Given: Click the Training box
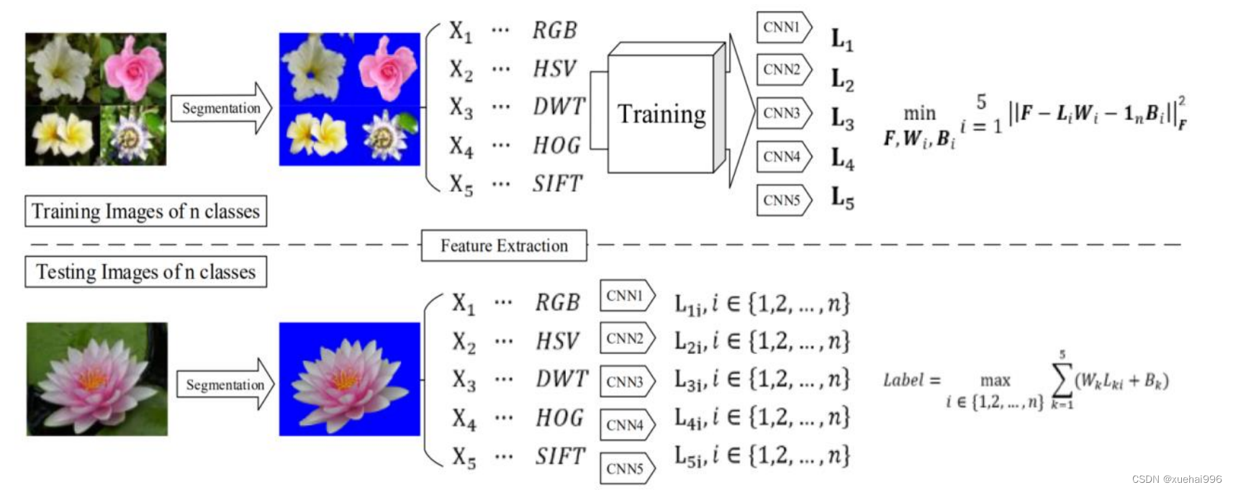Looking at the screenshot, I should (x=661, y=114).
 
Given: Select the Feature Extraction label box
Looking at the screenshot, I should (x=504, y=245).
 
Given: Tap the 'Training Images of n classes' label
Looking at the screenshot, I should (x=145, y=211).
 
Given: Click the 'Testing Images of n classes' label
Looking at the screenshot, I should (x=145, y=272).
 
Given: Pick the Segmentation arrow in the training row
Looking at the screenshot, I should (x=221, y=108).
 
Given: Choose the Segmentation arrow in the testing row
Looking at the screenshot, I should (x=225, y=384).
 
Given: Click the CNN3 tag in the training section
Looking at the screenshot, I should (x=783, y=113).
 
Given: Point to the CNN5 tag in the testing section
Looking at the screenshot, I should (x=626, y=468).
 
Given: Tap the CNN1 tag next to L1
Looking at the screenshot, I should (x=783, y=27).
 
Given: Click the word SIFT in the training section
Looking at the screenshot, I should (x=557, y=183).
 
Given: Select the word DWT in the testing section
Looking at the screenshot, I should (x=561, y=378).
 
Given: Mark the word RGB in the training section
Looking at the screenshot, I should (x=554, y=30).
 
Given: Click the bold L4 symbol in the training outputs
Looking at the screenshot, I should (x=842, y=158).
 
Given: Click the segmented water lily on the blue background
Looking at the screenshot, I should (x=349, y=379).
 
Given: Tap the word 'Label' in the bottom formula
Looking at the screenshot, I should (x=903, y=380).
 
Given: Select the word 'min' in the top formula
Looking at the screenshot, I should (x=919, y=114).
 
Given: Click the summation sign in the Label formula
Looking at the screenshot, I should (x=1062, y=381).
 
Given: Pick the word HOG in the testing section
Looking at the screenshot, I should (x=559, y=417).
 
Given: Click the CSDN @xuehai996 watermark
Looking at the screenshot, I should (x=1176, y=479).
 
